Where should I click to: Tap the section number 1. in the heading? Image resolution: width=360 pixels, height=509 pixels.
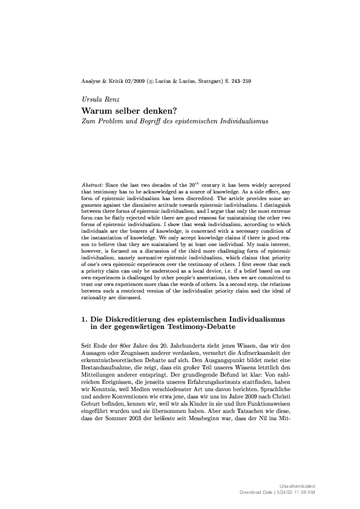coord(84,318)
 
